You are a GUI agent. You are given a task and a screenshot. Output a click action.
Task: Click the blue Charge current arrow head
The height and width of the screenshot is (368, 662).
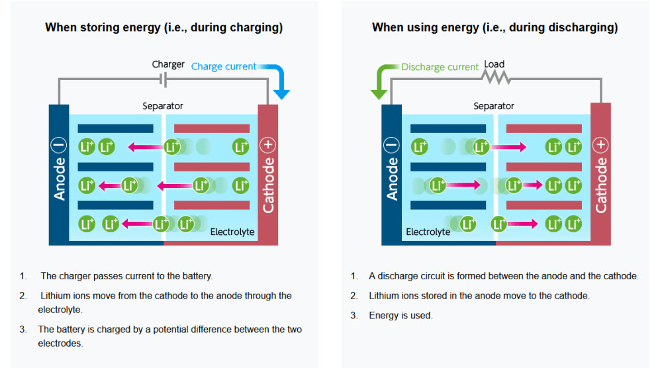[x=281, y=93]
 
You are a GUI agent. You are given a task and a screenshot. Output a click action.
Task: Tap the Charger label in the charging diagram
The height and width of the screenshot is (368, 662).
[x=168, y=64]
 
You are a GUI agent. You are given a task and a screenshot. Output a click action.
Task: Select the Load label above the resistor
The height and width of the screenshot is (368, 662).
[x=495, y=64]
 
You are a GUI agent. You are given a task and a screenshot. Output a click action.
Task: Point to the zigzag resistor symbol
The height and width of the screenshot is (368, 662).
[x=496, y=77]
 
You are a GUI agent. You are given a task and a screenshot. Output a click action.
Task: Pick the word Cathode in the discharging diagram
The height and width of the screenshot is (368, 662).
[x=601, y=185]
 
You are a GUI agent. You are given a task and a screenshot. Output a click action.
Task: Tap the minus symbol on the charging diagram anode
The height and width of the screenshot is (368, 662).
[x=60, y=145]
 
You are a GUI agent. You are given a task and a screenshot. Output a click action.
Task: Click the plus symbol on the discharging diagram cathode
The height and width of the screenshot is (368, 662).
[x=601, y=144]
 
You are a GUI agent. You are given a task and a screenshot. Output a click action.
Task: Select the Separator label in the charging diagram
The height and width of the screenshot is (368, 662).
[x=163, y=106]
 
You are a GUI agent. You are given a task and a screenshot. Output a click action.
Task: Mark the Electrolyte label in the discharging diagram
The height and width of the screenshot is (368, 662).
[x=428, y=232]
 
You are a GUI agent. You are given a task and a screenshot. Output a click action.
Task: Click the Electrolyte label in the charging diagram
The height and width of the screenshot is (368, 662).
[x=232, y=232]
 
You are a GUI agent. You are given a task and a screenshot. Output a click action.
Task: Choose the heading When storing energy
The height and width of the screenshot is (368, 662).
[x=164, y=28]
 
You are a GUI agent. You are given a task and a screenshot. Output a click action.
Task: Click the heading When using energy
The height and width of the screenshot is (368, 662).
[x=495, y=28]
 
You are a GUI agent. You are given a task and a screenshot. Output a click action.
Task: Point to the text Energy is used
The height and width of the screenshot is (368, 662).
[x=401, y=316]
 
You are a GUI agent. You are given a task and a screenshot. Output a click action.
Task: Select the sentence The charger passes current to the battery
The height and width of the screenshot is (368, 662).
[x=126, y=276]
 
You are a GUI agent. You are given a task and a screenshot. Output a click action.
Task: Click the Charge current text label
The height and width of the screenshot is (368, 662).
[x=224, y=66]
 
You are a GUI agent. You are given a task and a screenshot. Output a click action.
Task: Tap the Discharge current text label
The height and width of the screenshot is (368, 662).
[x=440, y=67]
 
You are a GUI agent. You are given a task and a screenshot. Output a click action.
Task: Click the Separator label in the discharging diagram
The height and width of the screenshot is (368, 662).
[x=494, y=106]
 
